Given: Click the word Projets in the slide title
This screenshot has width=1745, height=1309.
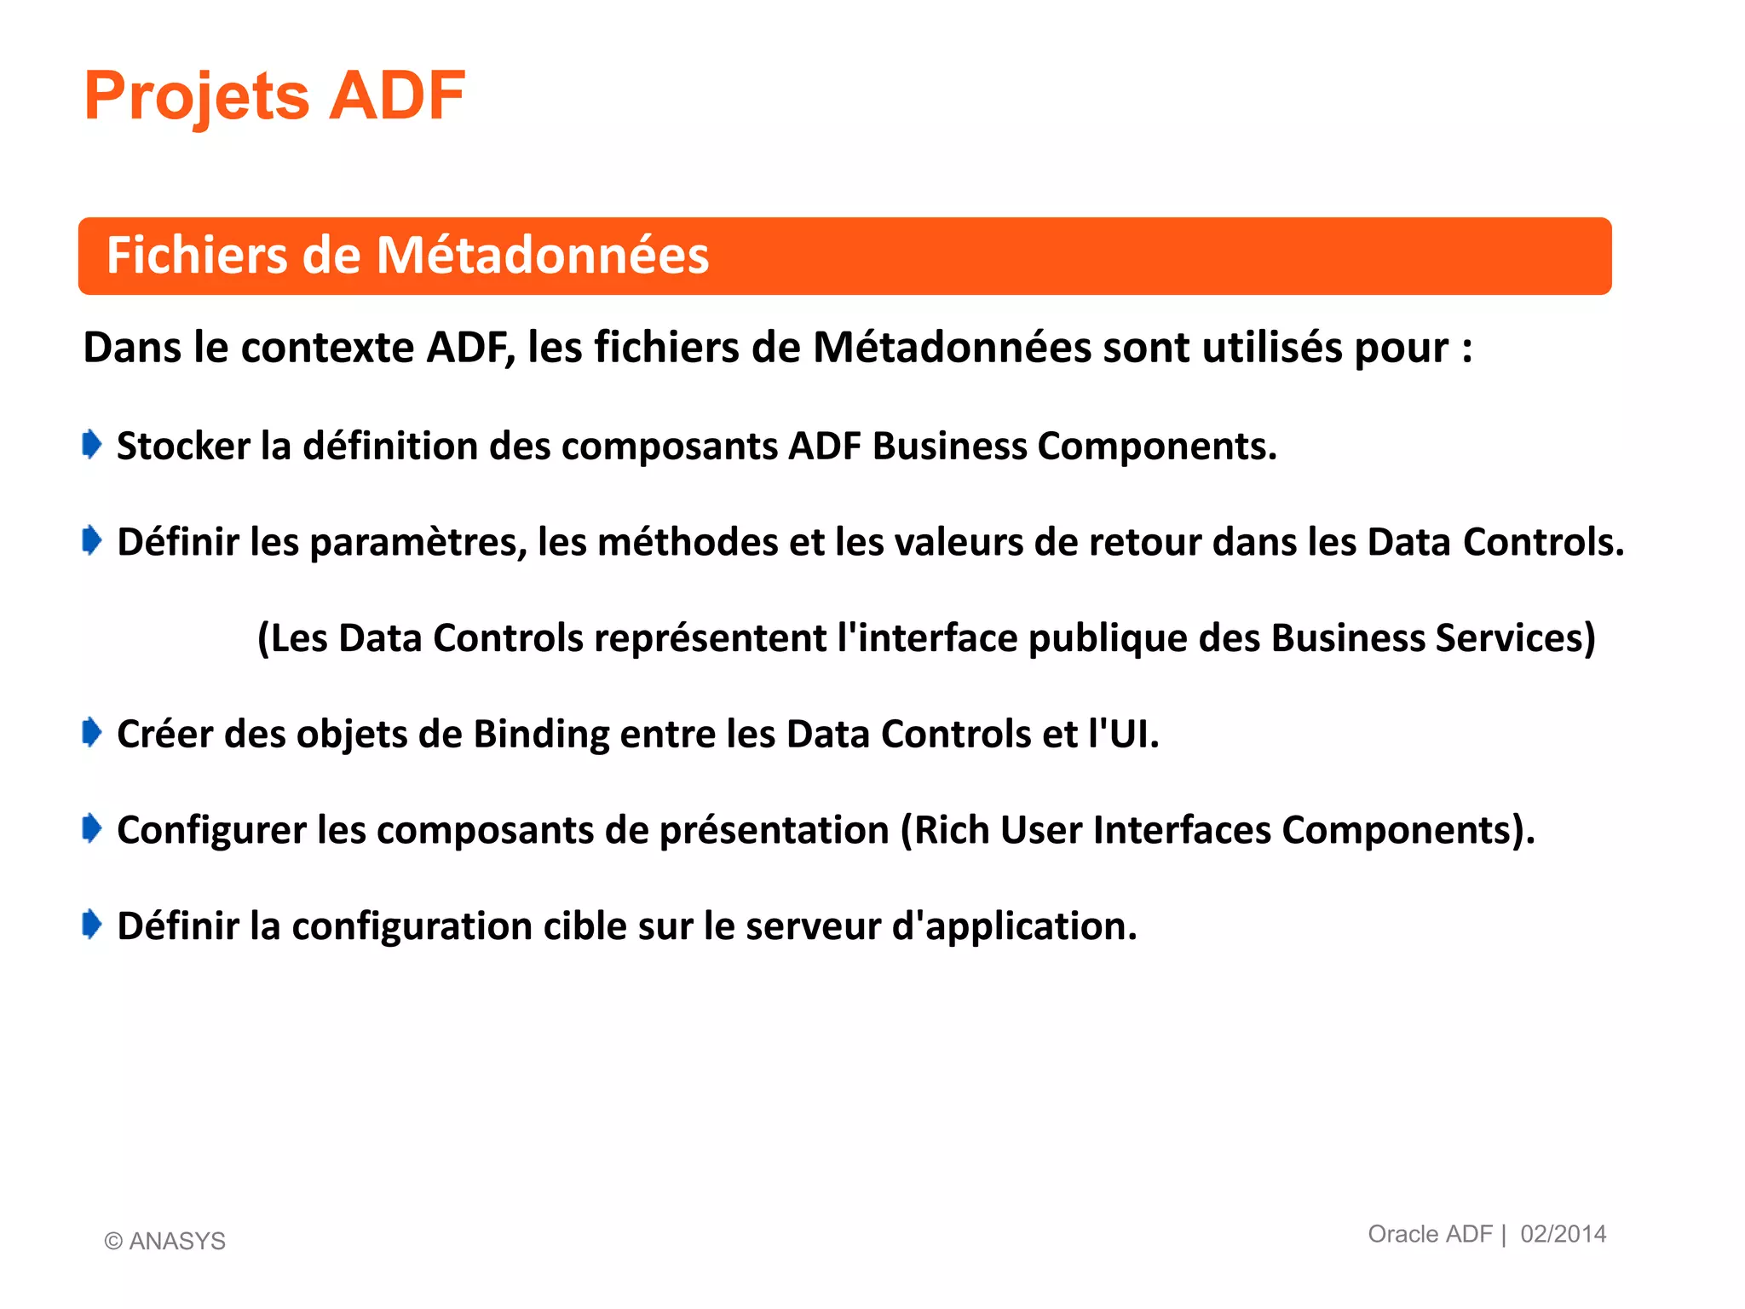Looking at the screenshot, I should pyautogui.click(x=197, y=96).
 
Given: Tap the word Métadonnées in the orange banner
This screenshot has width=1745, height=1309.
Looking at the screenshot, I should pyautogui.click(x=543, y=256).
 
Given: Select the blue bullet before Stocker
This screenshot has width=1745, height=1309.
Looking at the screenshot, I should pyautogui.click(x=92, y=444).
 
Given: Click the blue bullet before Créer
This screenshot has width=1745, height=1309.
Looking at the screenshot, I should pyautogui.click(x=92, y=732).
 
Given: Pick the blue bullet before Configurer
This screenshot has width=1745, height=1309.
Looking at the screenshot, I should pyautogui.click(x=92, y=828).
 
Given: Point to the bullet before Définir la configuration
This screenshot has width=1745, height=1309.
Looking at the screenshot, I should pyautogui.click(x=92, y=924).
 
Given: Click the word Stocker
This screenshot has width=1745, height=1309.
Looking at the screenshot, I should pyautogui.click(x=183, y=446).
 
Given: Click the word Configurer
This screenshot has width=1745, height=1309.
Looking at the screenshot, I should pyautogui.click(x=211, y=830).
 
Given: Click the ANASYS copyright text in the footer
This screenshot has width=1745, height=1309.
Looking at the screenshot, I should pyautogui.click(x=165, y=1241).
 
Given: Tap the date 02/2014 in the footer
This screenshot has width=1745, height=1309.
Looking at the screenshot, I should pyautogui.click(x=1563, y=1234).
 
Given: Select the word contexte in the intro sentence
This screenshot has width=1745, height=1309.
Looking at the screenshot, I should pyautogui.click(x=328, y=348).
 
